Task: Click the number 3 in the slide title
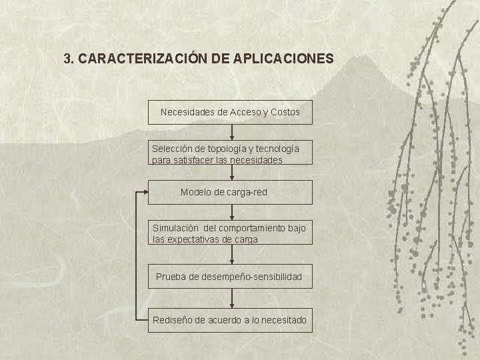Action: tap(67, 59)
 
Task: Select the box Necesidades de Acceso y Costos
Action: tap(230, 113)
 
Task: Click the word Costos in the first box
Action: tap(285, 113)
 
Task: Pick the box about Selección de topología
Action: tap(230, 153)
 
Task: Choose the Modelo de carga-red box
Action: tap(230, 192)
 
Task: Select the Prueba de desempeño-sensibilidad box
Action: tap(230, 276)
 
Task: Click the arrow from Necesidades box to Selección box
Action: tap(231, 133)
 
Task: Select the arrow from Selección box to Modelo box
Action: tap(231, 173)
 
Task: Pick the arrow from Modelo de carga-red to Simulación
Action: tap(231, 212)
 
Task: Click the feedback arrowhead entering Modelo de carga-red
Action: tap(144, 192)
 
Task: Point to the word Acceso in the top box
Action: tap(245, 113)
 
